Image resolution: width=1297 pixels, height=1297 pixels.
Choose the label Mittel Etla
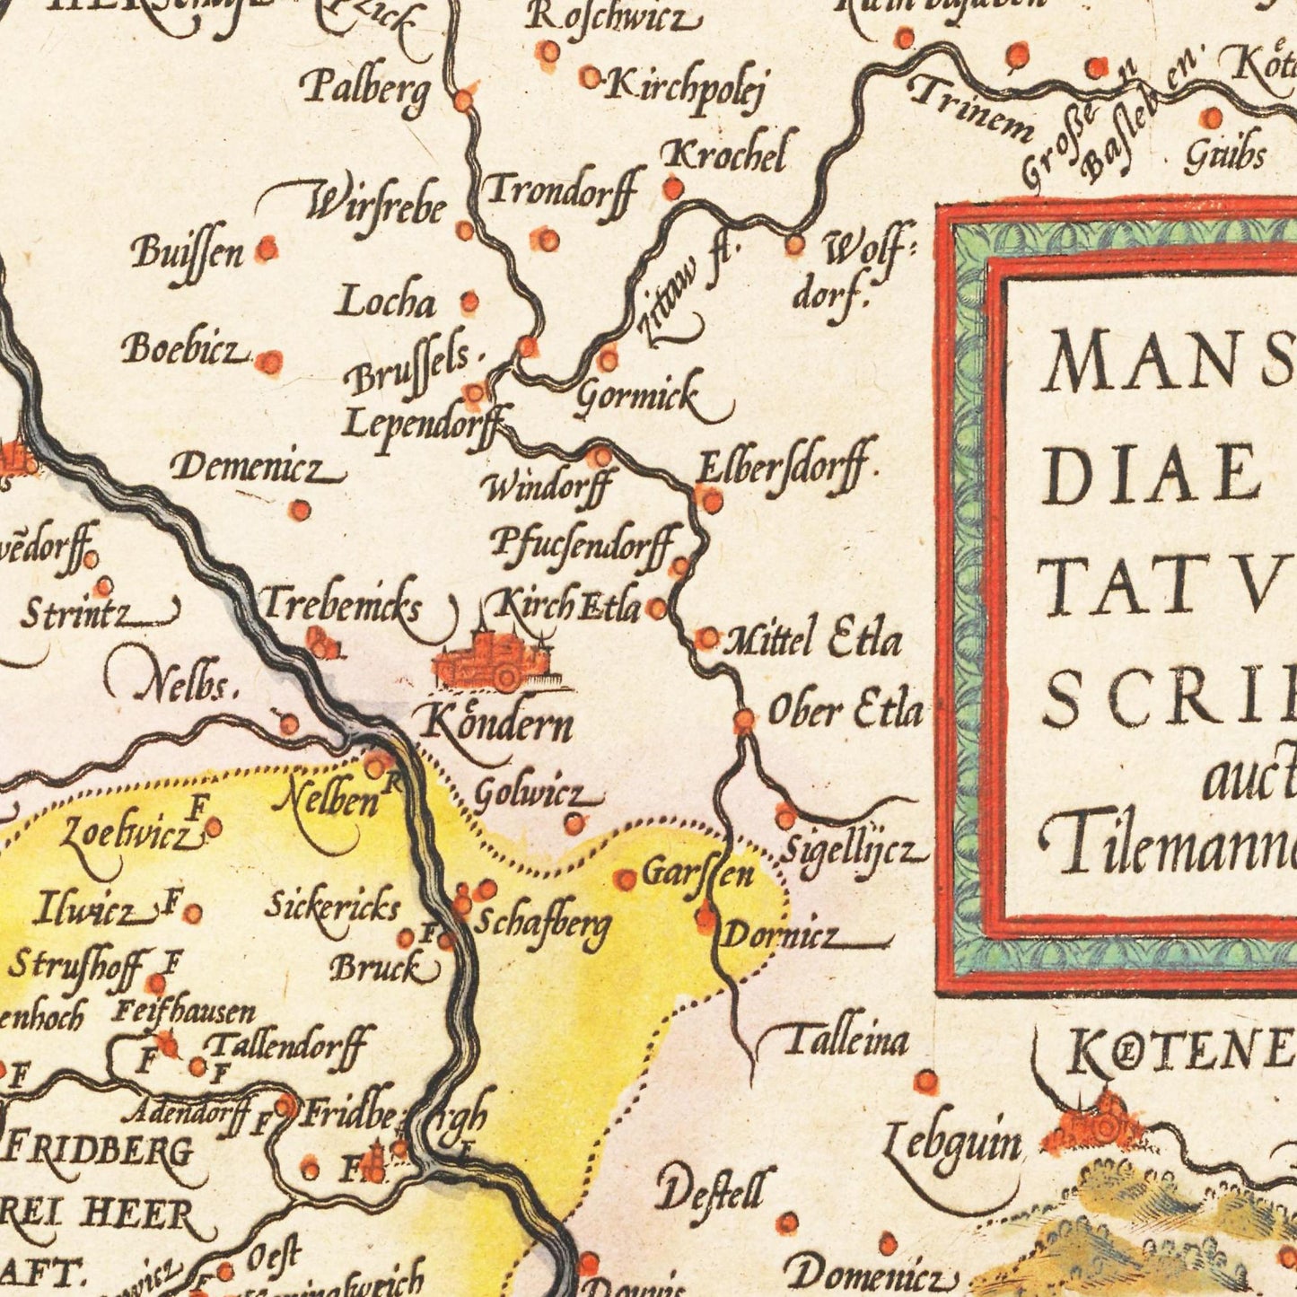click(x=812, y=640)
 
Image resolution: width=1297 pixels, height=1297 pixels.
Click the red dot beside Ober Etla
click(x=744, y=721)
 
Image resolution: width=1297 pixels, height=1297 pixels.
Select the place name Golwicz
click(x=530, y=794)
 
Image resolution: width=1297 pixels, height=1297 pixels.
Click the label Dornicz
click(x=781, y=936)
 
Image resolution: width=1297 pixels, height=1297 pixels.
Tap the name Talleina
click(x=846, y=1041)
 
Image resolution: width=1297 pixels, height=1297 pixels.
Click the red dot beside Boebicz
click(x=268, y=362)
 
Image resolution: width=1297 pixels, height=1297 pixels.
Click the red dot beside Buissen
click(x=267, y=249)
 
